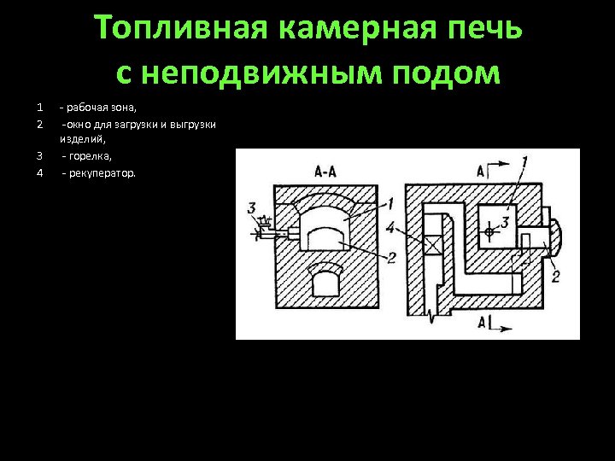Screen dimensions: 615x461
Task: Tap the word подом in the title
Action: pos(457,73)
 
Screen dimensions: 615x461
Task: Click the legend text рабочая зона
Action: pos(96,108)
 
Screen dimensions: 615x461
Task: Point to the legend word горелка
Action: pos(89,157)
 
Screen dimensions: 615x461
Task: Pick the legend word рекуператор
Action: pos(104,173)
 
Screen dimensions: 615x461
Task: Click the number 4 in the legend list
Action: pos(40,173)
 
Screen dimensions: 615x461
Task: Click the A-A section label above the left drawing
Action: pos(325,172)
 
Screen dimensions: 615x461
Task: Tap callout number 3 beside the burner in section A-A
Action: pos(250,207)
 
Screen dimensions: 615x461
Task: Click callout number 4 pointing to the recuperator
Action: pos(389,228)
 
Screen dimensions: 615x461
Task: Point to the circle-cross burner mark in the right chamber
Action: pos(489,231)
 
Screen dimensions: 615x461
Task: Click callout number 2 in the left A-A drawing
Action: pos(390,257)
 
